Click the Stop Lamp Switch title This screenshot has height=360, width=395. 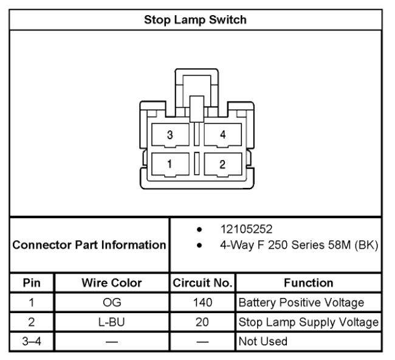click(x=195, y=19)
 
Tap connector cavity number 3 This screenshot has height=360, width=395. click(x=171, y=135)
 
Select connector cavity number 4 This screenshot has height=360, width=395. click(x=222, y=135)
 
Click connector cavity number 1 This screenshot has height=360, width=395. click(x=171, y=162)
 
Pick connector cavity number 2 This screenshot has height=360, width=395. click(x=222, y=162)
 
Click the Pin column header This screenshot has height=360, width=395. click(x=31, y=282)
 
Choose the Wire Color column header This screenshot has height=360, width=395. click(x=111, y=282)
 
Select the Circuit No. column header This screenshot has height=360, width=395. click(x=203, y=282)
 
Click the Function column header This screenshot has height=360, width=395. click(x=309, y=282)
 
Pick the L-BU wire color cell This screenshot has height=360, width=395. click(x=111, y=320)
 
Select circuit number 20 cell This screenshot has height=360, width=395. click(x=203, y=320)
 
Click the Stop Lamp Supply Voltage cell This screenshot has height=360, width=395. click(x=308, y=320)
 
